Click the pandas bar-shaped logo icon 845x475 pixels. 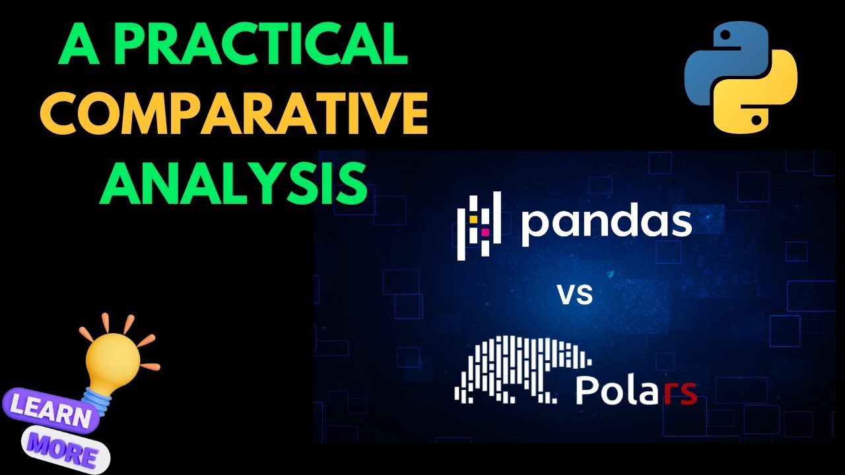pos(480,224)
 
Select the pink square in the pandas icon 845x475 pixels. pos(485,232)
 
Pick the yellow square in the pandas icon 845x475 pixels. pos(474,219)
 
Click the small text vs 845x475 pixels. pos(574,294)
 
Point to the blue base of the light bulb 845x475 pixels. pos(97,396)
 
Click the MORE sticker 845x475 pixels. pos(66,448)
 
